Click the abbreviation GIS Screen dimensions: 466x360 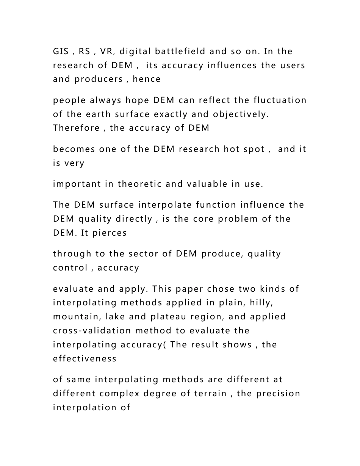(60, 51)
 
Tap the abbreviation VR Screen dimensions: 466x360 (107, 51)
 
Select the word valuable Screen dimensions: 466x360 (208, 184)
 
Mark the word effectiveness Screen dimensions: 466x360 (85, 358)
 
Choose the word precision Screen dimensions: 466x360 (278, 393)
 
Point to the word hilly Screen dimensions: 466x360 (273, 303)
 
